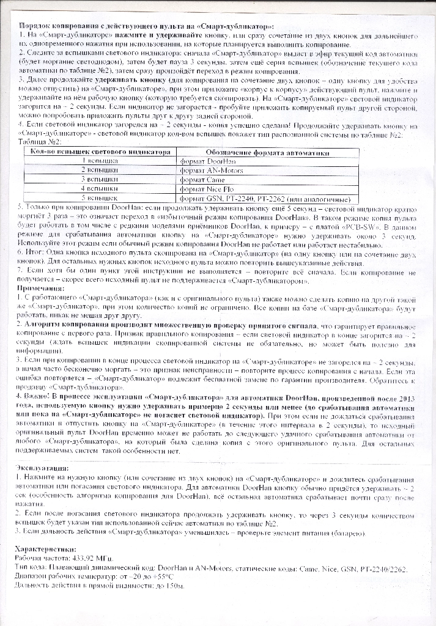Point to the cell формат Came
[204, 180]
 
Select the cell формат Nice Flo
[208, 190]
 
